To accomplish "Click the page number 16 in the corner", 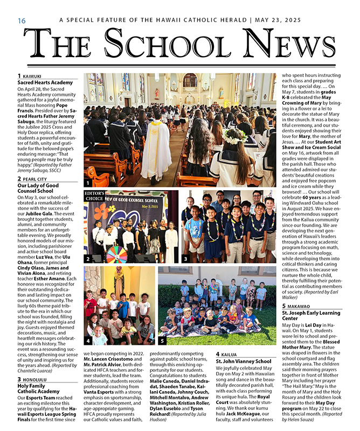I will [x=22, y=20].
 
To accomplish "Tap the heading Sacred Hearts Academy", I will [x=45, y=82].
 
